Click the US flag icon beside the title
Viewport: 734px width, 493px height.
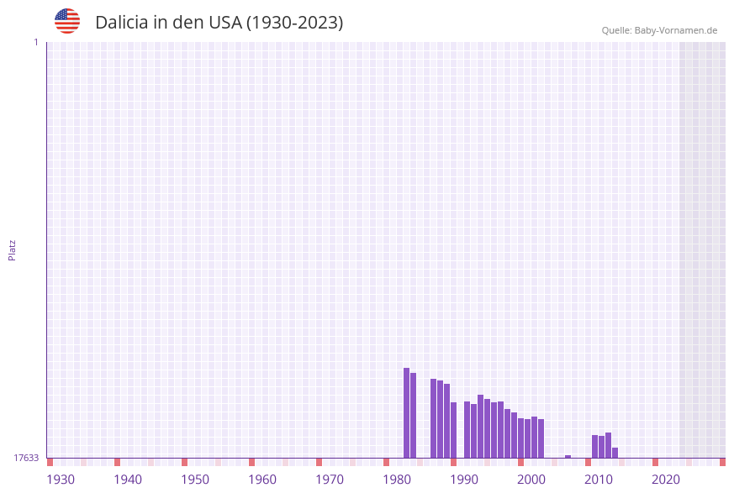tap(67, 21)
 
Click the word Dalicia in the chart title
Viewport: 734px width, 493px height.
tap(123, 23)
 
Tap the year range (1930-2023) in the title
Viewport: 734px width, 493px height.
tap(294, 23)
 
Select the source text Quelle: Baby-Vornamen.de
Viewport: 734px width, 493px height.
tap(659, 30)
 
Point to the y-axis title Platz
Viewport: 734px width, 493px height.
tap(13, 250)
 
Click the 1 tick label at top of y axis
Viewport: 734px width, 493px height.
tap(36, 42)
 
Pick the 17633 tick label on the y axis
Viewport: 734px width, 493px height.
tap(26, 458)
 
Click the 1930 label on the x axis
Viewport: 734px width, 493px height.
tap(61, 480)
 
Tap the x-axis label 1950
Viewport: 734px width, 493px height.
tap(195, 480)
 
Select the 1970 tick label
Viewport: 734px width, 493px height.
tap(330, 480)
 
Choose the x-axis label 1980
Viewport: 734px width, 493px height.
tap(397, 480)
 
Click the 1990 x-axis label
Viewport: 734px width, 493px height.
tap(464, 480)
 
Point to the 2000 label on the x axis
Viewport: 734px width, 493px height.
tap(531, 480)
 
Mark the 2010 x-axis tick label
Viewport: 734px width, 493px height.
tap(599, 480)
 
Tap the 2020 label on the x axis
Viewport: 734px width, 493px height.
tap(666, 480)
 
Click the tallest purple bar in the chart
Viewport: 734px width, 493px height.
tap(406, 412)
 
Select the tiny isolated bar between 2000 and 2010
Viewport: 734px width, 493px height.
tap(568, 456)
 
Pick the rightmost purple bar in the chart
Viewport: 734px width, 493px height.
tap(615, 453)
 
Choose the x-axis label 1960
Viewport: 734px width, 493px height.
tap(262, 480)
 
